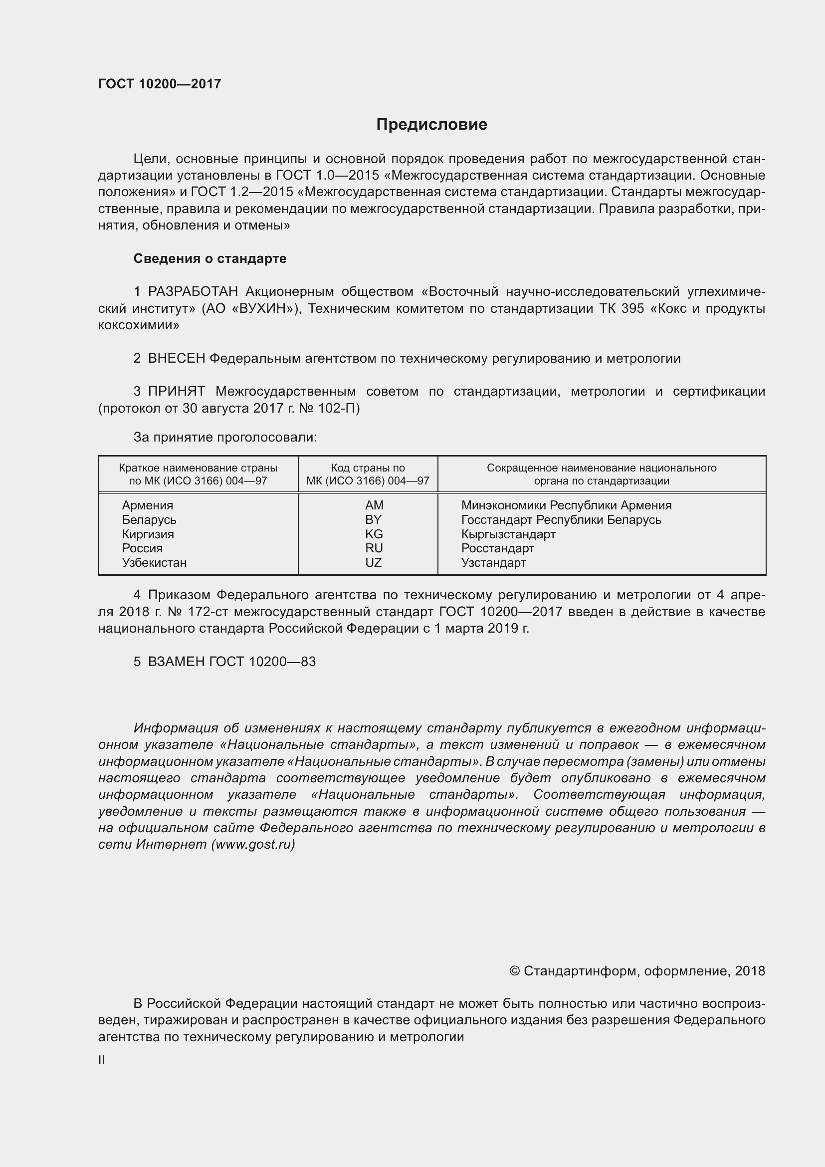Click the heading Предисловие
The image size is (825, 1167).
coord(431,125)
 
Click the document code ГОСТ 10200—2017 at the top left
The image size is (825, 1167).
coord(160,84)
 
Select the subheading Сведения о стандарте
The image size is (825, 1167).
coord(210,259)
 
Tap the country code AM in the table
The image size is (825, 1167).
coord(374,505)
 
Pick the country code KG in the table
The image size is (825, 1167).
coord(374,534)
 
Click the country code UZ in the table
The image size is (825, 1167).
coord(374,563)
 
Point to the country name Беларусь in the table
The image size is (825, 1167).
coord(149,520)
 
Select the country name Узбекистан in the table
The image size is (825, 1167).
coord(154,563)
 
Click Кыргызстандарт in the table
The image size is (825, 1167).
coord(508,534)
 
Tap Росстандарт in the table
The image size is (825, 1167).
coord(497,548)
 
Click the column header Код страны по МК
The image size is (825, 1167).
coord(368,473)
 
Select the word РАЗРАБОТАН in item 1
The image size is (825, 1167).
coord(193,292)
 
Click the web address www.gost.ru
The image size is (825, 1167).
coord(253,844)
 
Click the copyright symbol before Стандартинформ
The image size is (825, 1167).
coord(514,971)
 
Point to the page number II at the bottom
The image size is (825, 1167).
coord(102,1060)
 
